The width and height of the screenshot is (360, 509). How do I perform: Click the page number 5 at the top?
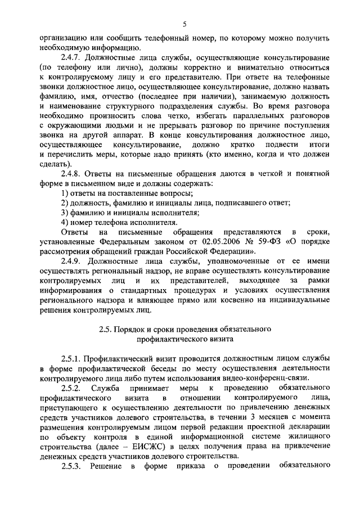[x=184, y=23]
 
